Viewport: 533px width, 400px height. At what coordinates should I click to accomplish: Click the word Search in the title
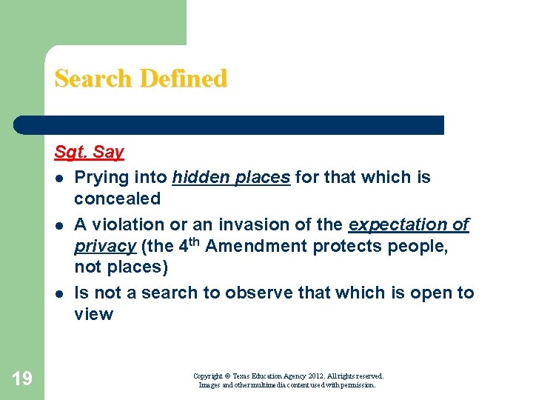(x=90, y=79)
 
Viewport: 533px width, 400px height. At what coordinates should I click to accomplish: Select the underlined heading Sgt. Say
(x=89, y=153)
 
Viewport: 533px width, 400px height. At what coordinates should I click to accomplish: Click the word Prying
(x=101, y=178)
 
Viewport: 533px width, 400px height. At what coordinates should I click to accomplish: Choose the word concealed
(x=117, y=199)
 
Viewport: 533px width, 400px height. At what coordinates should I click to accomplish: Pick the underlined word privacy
(x=104, y=246)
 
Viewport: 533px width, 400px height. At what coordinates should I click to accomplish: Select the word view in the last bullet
(x=93, y=314)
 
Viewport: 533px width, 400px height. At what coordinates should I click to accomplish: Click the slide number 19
(x=22, y=379)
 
